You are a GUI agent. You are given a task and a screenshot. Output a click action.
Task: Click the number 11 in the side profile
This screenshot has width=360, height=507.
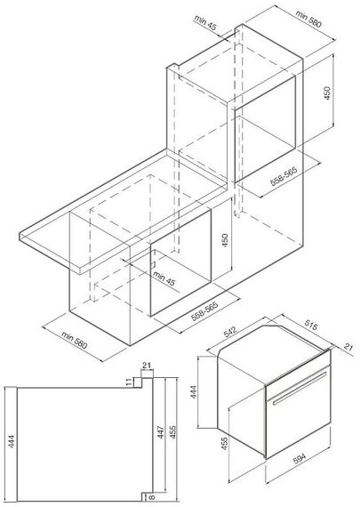130,382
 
